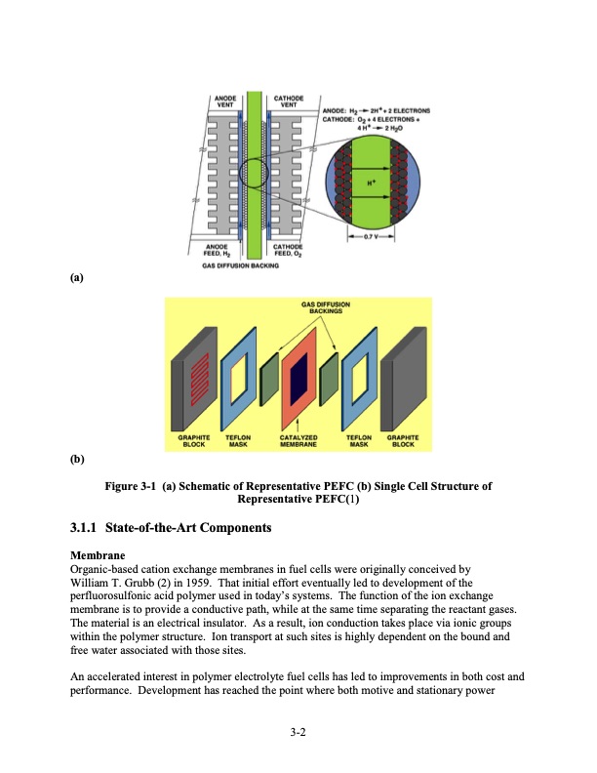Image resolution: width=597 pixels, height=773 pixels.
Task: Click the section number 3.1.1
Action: [x=89, y=528]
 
